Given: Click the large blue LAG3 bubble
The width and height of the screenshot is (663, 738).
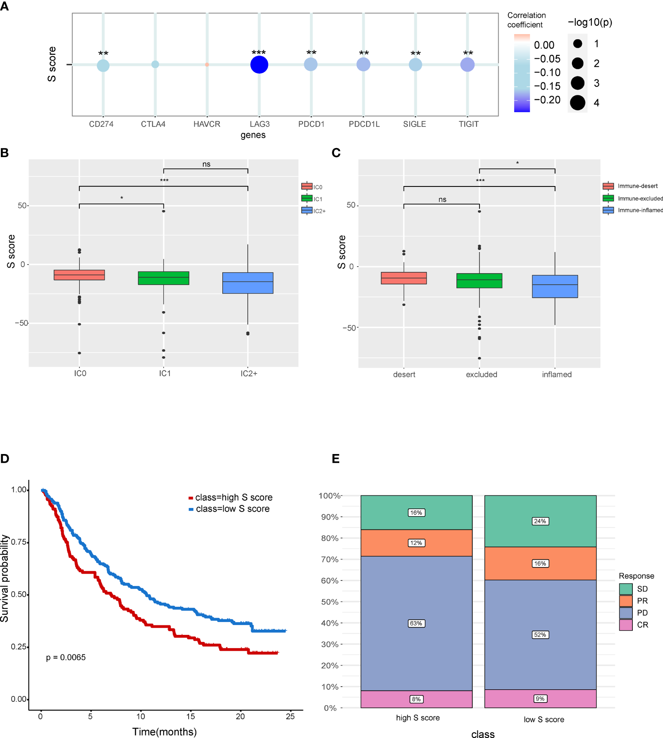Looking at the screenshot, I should pos(259,65).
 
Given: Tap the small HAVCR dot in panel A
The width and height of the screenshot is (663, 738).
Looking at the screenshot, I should pos(207,65).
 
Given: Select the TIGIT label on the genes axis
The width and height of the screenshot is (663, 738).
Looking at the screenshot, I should pos(468,124).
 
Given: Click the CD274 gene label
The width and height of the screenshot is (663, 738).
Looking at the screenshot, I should pos(101,124).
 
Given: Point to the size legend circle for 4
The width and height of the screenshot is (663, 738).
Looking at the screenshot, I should pos(578,103).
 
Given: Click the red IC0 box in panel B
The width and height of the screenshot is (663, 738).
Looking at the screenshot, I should pos(79,275).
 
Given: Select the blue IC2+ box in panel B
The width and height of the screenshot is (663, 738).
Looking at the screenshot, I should pos(248,283).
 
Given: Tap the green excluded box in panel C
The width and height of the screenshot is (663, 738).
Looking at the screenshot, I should pos(480,281).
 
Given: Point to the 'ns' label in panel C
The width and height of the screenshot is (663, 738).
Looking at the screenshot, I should pos(442,199).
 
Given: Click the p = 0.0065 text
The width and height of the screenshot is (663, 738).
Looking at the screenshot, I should pos(66,657).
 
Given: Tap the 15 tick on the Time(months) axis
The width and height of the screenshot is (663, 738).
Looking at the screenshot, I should pos(190,716).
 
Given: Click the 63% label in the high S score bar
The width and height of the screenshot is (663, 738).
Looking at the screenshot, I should pos(416,623).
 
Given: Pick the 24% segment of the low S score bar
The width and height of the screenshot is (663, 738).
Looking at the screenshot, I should pos(540,521).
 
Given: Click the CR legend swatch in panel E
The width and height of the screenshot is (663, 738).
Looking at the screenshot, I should pos(625,625).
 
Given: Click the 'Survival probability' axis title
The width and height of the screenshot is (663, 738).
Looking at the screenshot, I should pos(5,578).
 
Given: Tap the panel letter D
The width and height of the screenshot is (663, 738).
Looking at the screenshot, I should pos(5,458).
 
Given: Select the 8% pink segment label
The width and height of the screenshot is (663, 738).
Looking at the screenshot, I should pos(416,699).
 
